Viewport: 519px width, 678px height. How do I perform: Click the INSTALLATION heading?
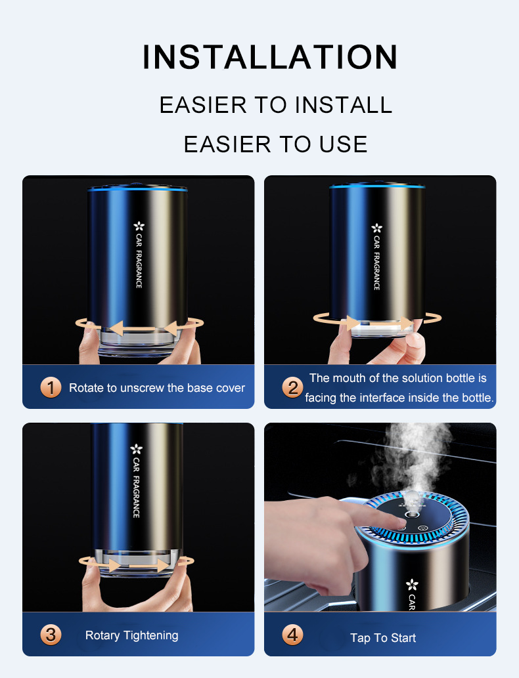pyautogui.click(x=269, y=57)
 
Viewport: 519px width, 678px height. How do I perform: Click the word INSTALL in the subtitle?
pyautogui.click(x=343, y=105)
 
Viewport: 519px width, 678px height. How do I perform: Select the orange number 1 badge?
pyautogui.click(x=51, y=387)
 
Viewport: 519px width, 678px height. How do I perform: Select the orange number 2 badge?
pyautogui.click(x=292, y=387)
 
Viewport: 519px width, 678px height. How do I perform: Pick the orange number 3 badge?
pyautogui.click(x=51, y=635)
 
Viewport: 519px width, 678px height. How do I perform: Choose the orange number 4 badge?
pyautogui.click(x=292, y=635)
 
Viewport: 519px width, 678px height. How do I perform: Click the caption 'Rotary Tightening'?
pyautogui.click(x=131, y=635)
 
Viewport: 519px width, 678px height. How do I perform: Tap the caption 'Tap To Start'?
pyautogui.click(x=383, y=638)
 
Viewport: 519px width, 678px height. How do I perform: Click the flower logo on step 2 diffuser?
pyautogui.click(x=376, y=228)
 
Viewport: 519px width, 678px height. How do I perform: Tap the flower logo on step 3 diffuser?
pyautogui.click(x=137, y=449)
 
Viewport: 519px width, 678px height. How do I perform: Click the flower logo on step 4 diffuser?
pyautogui.click(x=412, y=583)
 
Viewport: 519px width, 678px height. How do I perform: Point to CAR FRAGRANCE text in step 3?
pyautogui.click(x=137, y=489)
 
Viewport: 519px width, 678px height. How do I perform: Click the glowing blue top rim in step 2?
pyautogui.click(x=377, y=188)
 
